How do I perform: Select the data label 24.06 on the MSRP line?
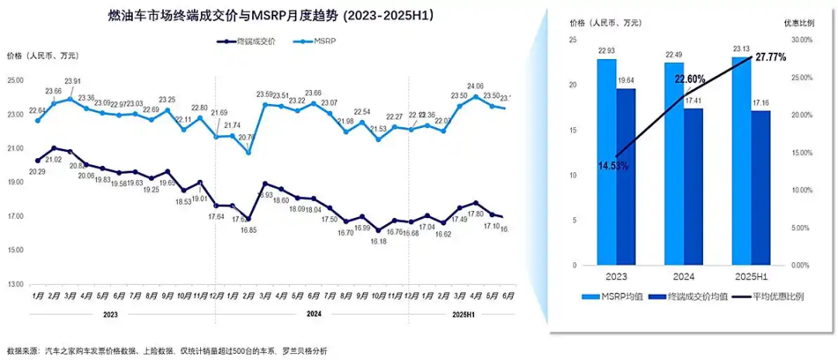(x=476, y=86)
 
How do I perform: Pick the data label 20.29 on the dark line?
(x=36, y=171)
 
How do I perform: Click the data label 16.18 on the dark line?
(x=378, y=241)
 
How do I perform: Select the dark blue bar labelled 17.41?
(x=694, y=186)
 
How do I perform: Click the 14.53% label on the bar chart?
(x=613, y=165)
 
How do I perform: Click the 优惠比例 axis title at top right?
(x=799, y=22)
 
